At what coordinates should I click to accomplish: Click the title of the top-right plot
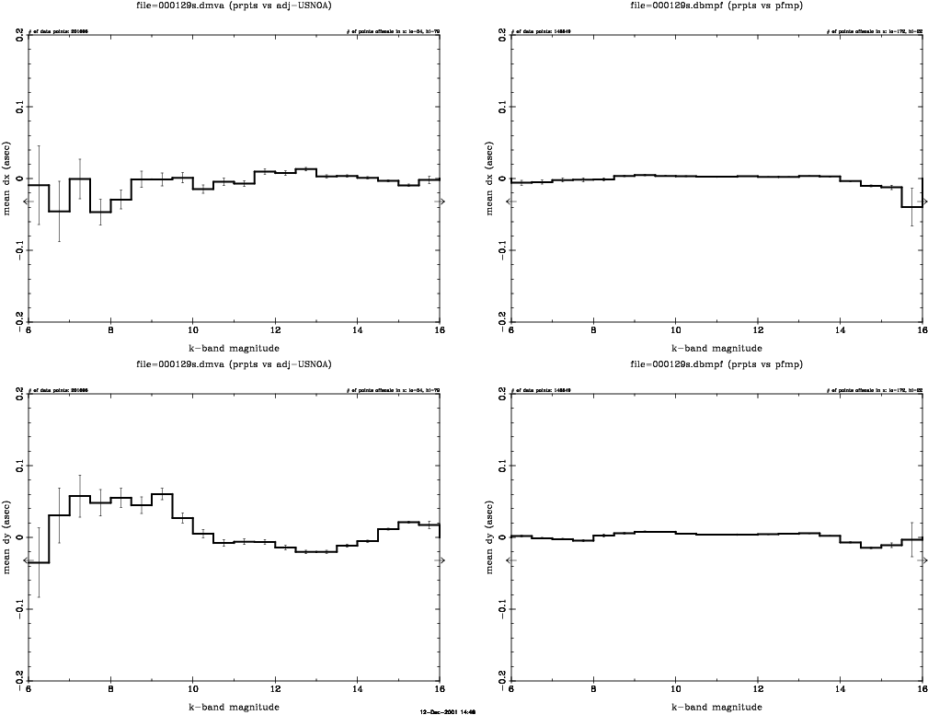[x=716, y=6]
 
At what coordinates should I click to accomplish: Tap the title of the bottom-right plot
[x=716, y=364]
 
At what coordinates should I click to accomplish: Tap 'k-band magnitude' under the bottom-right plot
[x=716, y=706]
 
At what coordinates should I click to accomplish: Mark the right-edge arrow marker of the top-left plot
[x=441, y=201]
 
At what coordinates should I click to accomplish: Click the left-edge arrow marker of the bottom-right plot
[x=512, y=559]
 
